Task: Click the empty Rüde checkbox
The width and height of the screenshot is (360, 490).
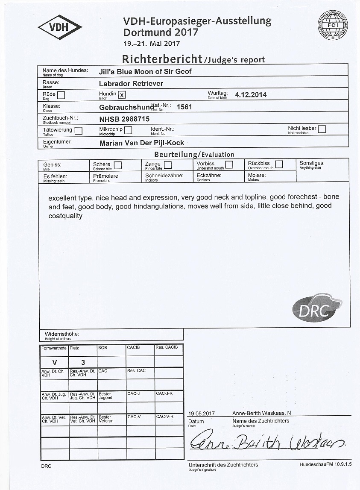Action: [61, 95]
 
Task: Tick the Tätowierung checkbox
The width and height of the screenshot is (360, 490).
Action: [79, 130]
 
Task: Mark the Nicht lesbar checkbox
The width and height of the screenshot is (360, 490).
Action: [322, 129]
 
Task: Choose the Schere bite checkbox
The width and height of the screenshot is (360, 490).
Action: [117, 165]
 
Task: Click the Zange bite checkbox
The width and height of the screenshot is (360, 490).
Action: [168, 165]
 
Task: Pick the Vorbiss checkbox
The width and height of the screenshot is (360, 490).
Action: [229, 164]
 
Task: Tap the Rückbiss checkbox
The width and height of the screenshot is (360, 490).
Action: [278, 164]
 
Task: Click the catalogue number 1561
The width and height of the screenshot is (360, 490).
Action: [184, 107]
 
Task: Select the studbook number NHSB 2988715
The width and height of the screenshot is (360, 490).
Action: [124, 119]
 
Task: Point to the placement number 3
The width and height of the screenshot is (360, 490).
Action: [83, 362]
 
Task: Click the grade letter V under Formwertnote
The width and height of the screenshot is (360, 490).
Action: [54, 362]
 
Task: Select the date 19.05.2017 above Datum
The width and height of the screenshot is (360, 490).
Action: [201, 413]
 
